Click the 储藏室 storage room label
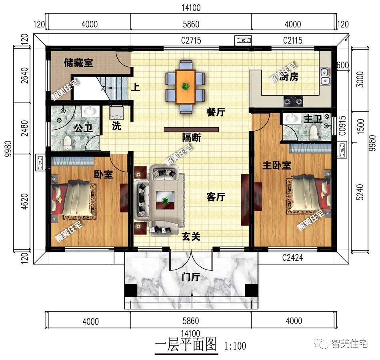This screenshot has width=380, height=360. pos(78,63)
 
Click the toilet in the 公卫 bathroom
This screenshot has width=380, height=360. pos(68,141)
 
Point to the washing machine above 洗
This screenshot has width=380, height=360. pos(117,112)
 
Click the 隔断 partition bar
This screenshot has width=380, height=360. pos(191,130)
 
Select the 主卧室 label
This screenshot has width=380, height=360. pos(276,165)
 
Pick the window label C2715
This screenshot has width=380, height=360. pos(191,40)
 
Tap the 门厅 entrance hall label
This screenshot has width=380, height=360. pos(190,277)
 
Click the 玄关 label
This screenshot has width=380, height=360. pos(190,237)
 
